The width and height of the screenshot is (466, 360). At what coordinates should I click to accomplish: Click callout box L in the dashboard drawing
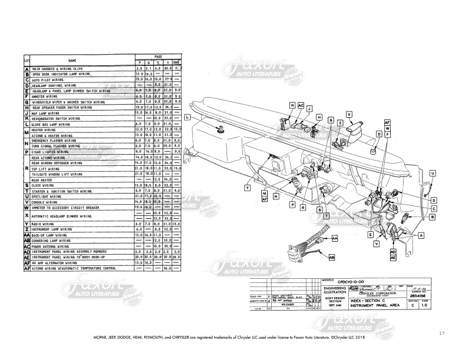click(187, 118)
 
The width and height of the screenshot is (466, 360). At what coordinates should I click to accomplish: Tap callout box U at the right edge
click(432, 173)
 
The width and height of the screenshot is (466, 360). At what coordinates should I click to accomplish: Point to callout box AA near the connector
click(334, 239)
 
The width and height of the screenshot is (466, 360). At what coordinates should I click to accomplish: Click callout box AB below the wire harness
click(332, 258)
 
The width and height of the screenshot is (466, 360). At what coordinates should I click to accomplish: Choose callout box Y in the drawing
click(248, 187)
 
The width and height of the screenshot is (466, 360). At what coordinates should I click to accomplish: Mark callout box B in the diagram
click(432, 217)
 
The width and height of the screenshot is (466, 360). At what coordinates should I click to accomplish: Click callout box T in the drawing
click(325, 216)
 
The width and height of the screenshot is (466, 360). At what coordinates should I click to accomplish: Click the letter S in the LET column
click(27, 185)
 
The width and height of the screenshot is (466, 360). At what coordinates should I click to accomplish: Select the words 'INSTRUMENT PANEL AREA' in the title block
click(375, 307)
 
